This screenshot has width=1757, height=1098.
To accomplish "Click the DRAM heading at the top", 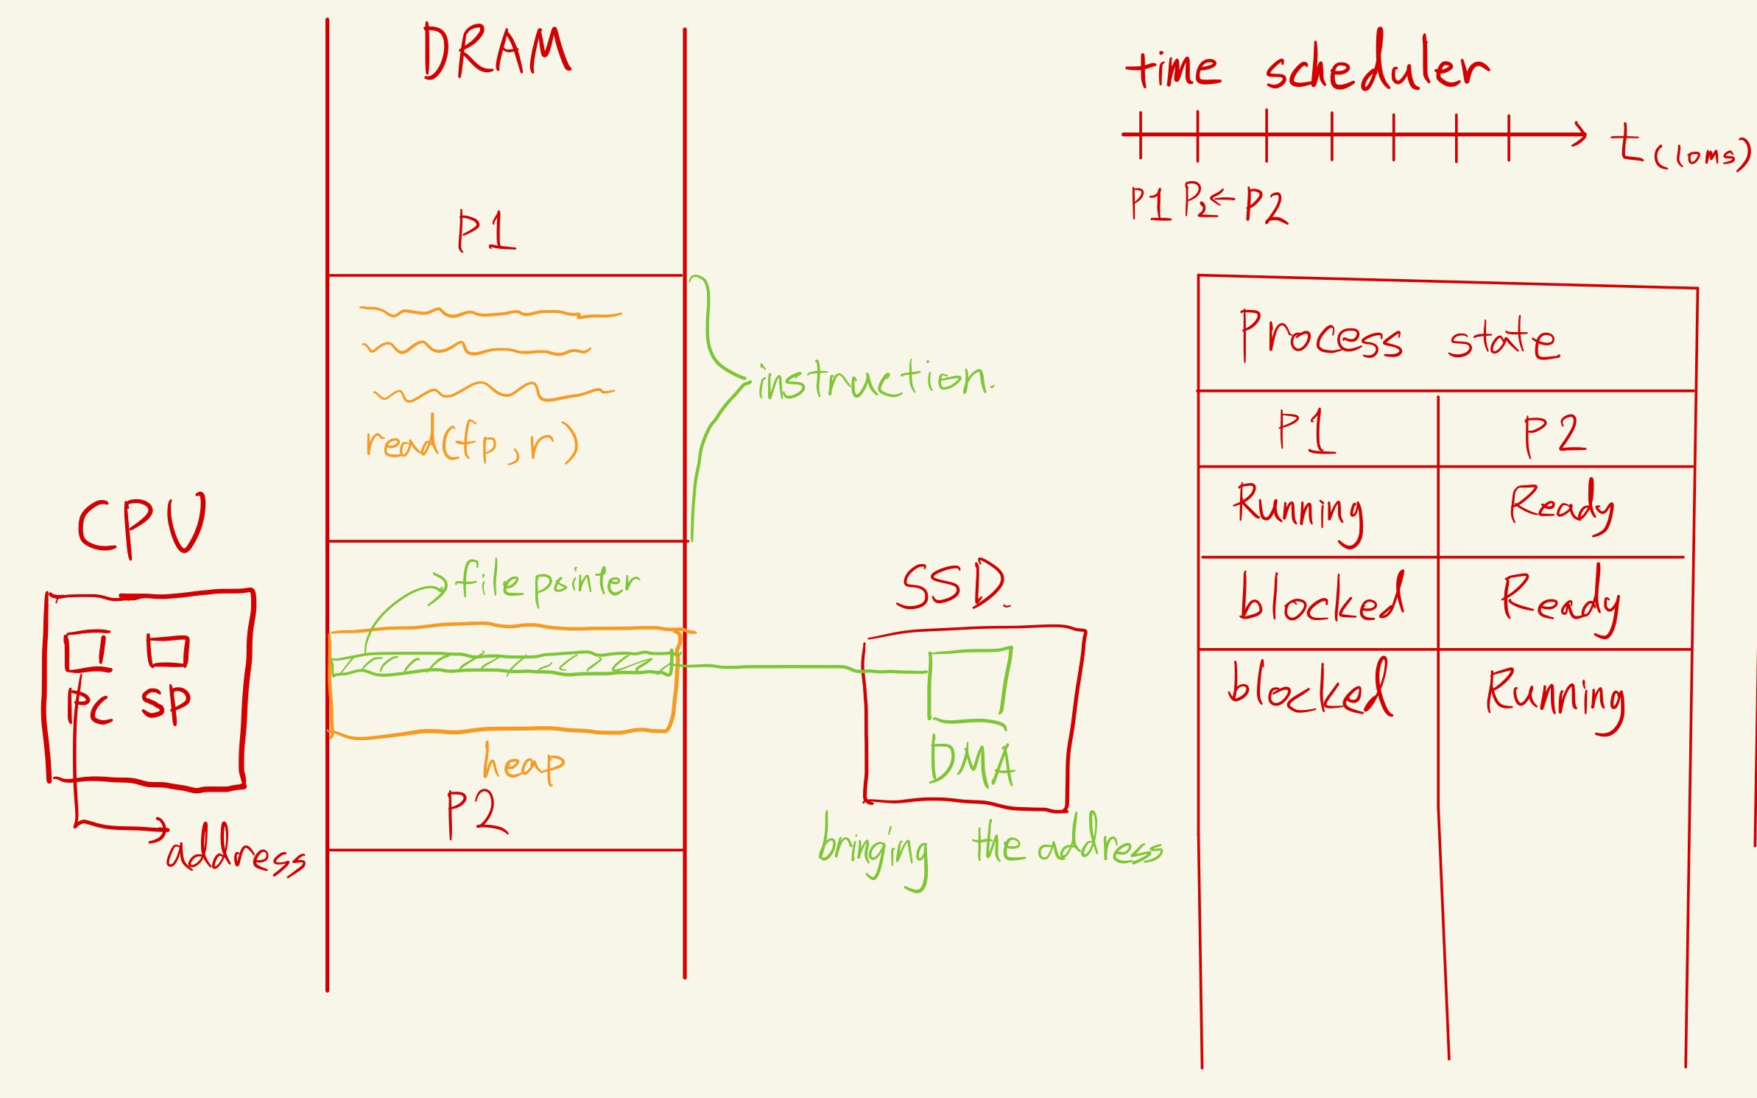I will point(496,52).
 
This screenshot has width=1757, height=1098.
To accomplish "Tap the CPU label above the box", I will point(142,524).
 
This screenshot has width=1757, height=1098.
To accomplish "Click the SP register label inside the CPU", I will point(166,703).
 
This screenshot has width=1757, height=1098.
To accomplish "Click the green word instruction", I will point(875,381).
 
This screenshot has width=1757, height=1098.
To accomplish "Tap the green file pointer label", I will point(547,583).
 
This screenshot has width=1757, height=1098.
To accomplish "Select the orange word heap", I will point(524,763).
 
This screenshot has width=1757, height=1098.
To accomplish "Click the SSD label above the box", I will point(951,585).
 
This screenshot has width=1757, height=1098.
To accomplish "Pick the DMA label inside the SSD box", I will point(972,763).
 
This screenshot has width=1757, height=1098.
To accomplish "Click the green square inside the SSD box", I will point(969,684).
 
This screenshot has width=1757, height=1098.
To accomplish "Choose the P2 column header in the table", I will point(1554,434).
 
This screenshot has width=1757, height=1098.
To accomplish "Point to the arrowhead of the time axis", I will point(1580,134).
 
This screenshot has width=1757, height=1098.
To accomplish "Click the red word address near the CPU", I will point(236,853).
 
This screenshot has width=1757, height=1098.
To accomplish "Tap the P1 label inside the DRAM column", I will point(486,231).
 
